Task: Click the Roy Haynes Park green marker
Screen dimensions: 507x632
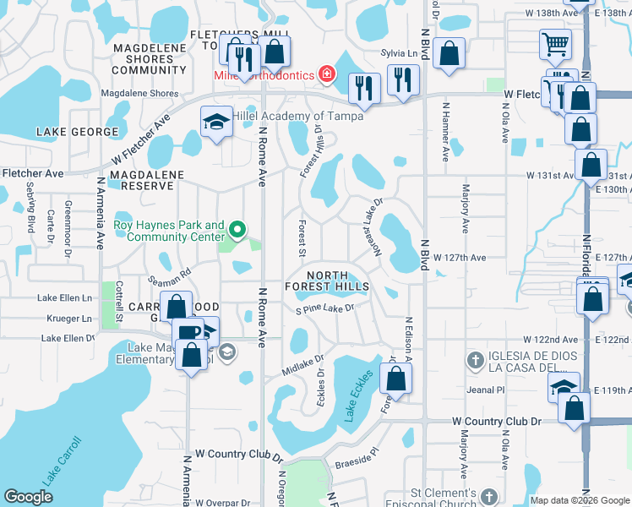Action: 238,229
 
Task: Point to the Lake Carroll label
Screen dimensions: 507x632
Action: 62,461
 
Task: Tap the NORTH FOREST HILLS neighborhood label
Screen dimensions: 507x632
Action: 338,281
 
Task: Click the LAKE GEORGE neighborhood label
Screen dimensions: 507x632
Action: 77,132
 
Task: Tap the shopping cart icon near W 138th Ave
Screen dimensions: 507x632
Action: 555,43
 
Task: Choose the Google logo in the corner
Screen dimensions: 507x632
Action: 28,497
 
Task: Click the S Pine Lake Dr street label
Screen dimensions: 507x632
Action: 324,309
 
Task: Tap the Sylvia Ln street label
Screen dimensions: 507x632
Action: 401,53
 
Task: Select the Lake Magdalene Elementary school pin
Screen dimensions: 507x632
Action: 226,352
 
